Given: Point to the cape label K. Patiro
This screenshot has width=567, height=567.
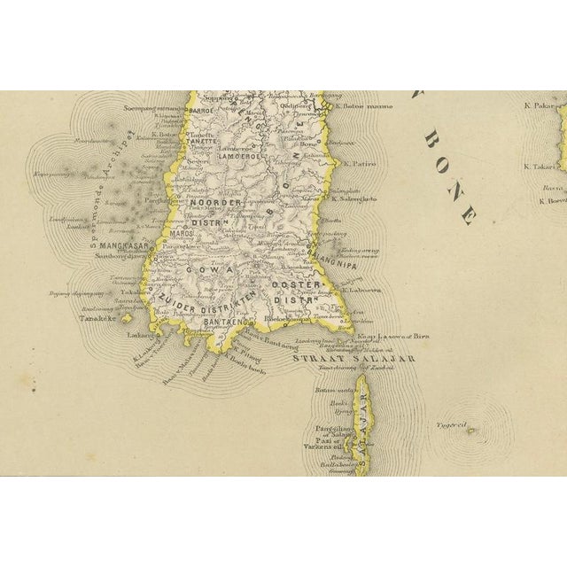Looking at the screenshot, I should (361, 164).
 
